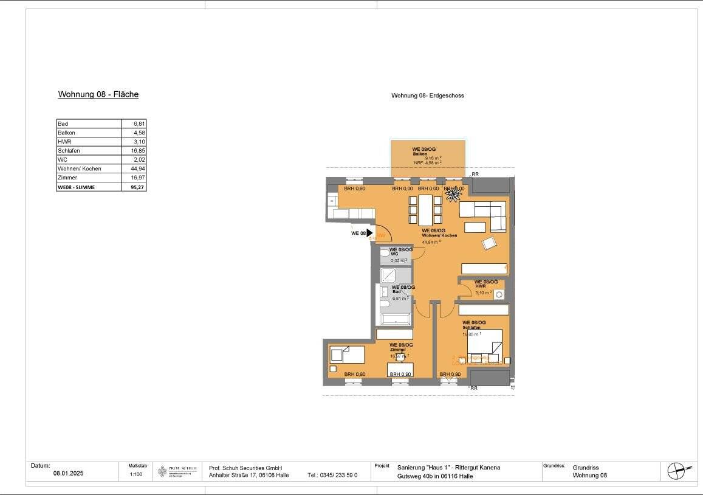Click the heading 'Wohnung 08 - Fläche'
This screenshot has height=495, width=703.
[98, 95]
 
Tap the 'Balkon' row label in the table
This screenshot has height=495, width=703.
[66, 133]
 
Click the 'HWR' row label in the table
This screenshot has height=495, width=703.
[64, 142]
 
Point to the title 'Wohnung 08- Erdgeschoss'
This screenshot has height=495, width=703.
[428, 95]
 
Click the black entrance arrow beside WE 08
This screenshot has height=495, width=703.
[369, 233]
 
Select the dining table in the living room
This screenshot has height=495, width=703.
[426, 209]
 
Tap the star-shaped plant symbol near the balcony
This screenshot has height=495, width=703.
[453, 193]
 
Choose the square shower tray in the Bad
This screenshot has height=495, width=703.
[388, 277]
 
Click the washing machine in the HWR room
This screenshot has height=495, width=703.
[498, 294]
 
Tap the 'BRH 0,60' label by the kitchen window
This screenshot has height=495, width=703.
[355, 189]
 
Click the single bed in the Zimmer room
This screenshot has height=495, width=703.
[346, 353]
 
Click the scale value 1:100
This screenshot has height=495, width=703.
[136, 474]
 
